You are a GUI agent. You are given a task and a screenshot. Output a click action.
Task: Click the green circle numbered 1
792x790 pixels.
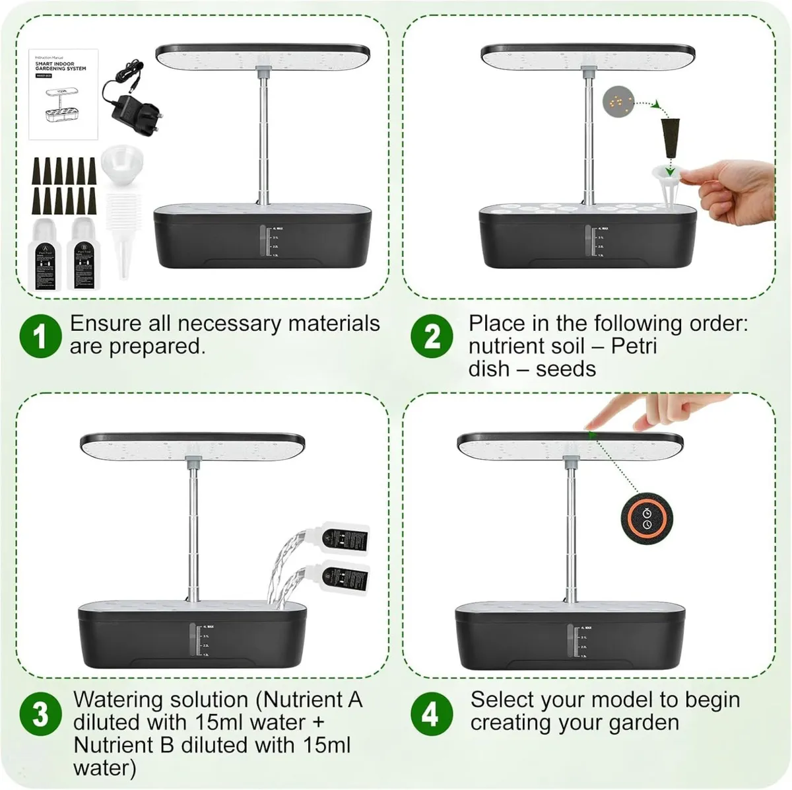click(x=40, y=335)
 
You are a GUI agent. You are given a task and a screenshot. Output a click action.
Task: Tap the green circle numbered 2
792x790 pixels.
click(x=432, y=335)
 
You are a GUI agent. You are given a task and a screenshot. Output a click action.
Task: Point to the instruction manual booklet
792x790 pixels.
click(x=63, y=94)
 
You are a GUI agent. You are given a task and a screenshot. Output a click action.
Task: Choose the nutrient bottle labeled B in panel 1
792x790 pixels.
click(x=82, y=254)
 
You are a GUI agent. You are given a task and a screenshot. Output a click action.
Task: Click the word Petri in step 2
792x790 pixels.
click(x=634, y=346)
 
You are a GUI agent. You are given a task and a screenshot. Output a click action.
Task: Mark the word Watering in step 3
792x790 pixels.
click(x=118, y=700)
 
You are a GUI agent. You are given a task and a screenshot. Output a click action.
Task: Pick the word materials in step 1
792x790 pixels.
click(x=333, y=324)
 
